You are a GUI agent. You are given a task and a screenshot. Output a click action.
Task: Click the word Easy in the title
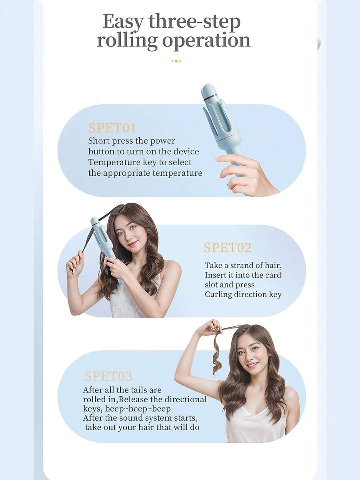(x=123, y=22)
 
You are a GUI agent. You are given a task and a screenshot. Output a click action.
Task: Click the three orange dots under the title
(x=176, y=61)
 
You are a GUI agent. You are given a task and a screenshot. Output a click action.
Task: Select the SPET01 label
(x=112, y=128)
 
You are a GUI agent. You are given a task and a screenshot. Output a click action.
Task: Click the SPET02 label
(x=227, y=248)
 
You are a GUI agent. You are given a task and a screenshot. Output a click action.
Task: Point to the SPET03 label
(x=108, y=376)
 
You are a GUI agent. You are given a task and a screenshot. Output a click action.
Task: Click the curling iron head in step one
(x=220, y=116)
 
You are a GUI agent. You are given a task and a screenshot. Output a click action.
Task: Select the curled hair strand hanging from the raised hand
(x=217, y=352)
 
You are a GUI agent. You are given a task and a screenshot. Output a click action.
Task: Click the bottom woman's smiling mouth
(x=252, y=364)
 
